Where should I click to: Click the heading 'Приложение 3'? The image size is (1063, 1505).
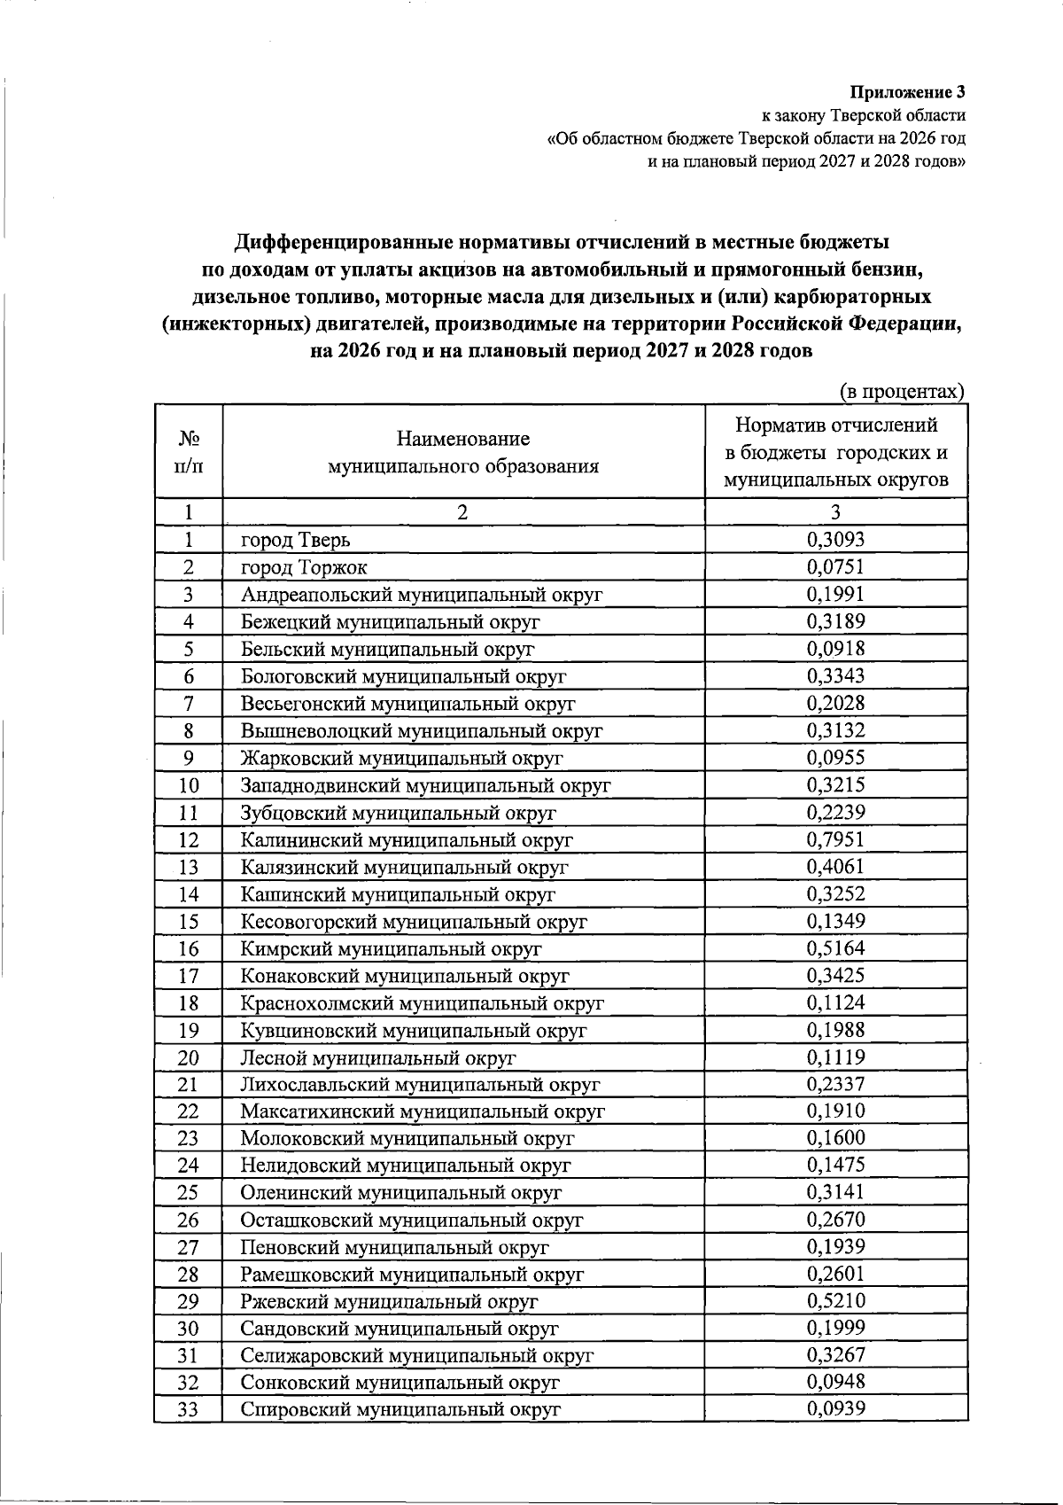coord(908,92)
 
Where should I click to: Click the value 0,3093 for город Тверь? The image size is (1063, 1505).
coord(835,539)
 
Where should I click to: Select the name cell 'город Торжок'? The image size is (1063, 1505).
coord(304,567)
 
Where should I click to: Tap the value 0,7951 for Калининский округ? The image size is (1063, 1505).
coord(835,838)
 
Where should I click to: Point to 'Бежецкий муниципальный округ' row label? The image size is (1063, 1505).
coord(391,621)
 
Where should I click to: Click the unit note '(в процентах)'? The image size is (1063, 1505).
coord(901,391)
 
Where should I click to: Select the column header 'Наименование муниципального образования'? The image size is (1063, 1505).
coord(462,452)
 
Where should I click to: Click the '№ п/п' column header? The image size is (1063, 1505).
coord(188,452)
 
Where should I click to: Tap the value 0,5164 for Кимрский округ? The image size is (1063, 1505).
coord(835,947)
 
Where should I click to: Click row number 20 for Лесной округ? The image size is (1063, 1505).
coord(188,1057)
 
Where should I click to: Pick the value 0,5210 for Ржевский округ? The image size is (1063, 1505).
coord(835,1301)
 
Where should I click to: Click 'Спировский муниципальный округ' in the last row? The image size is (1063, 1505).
coord(401,1409)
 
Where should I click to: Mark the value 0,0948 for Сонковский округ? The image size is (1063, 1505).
coord(835,1381)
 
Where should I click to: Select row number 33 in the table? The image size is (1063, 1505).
coord(188,1409)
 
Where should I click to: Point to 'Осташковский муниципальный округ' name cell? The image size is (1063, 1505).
coord(412,1220)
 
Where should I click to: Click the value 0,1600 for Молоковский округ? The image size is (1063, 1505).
coord(835,1138)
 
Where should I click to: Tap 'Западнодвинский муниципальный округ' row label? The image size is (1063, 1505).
coord(426,785)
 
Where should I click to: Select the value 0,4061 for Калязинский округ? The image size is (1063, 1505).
coord(835,866)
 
